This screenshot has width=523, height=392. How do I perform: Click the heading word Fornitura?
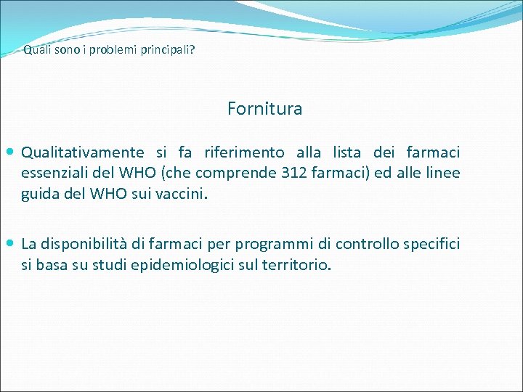pos(264,109)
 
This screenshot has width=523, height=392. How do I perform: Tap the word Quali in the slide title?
pos(35,52)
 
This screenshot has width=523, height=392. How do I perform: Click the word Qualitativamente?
pos(82,152)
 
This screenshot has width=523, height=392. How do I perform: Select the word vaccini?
pos(182,195)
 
